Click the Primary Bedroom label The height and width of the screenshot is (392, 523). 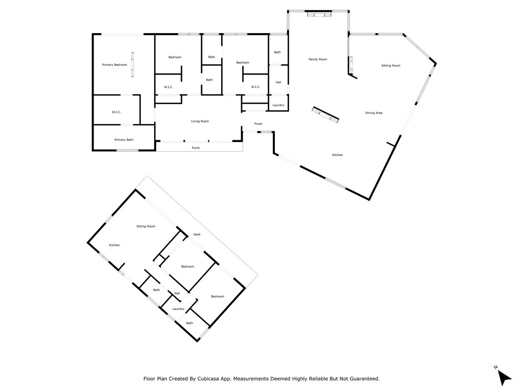pos(114,65)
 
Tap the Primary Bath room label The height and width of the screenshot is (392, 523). pos(124,140)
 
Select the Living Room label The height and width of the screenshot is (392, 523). pos(200,121)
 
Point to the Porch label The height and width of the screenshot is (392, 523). pos(196,148)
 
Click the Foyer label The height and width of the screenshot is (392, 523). pos(258,124)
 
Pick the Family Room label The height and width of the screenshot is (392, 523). pos(318,59)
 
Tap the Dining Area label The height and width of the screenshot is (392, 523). pos(373,113)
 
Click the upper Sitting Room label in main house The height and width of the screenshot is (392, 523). pos(391,66)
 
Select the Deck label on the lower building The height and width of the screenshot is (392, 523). pos(197,234)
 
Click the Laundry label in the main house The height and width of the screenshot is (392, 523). pos(278,105)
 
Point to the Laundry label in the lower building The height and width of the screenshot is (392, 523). pos(178,309)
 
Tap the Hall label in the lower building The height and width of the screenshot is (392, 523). pos(177,293)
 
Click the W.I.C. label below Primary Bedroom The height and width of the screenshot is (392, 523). pos(116,112)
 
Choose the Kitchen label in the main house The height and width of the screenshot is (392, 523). pos(337,155)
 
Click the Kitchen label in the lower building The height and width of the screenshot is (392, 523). pos(114,245)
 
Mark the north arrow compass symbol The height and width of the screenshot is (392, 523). pos(504,377)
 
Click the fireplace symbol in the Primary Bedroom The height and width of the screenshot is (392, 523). pos(132,64)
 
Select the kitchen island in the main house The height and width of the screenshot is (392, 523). pos(325,115)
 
